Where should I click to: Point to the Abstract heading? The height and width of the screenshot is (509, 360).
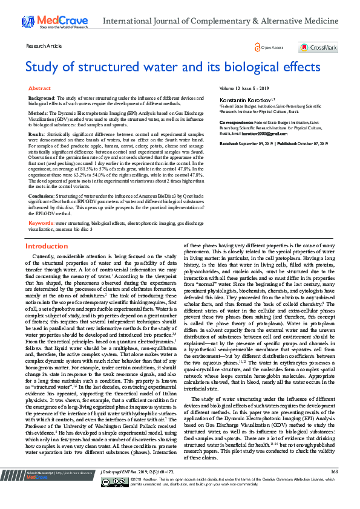coord(40,88)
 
